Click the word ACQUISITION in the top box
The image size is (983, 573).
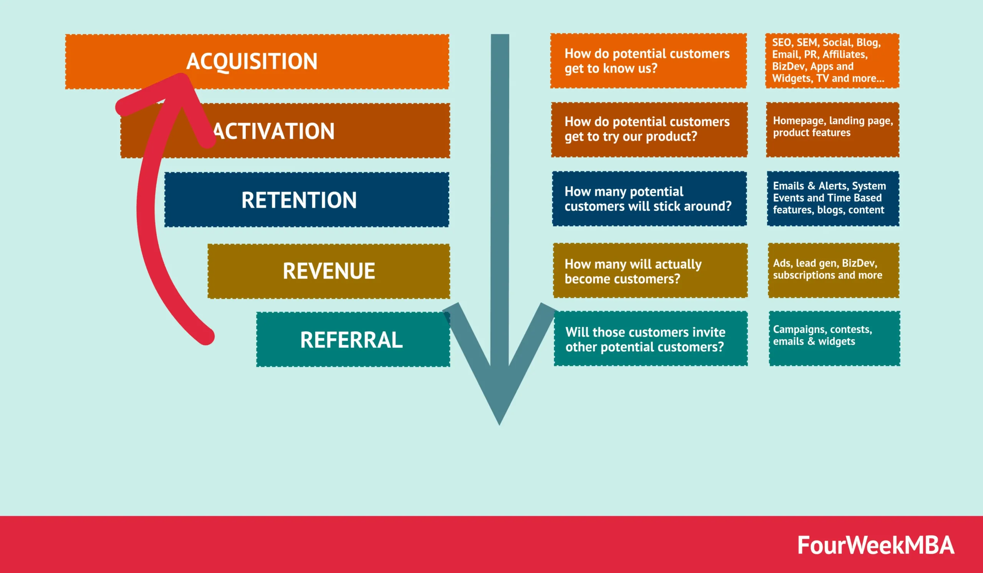252,61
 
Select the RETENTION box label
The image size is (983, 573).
299,200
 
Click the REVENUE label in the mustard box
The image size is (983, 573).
329,271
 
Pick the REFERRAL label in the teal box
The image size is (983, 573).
351,340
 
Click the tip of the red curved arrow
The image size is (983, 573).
180,78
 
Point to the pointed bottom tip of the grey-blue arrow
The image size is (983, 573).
499,424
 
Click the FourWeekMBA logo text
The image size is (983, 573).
875,545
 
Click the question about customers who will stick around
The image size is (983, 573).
648,199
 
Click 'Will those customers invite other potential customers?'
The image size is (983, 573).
650,339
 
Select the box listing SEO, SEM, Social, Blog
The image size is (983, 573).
832,61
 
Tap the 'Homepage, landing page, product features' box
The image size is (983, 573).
832,129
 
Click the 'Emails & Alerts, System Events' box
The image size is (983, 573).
832,199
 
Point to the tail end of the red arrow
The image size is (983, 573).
205,337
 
